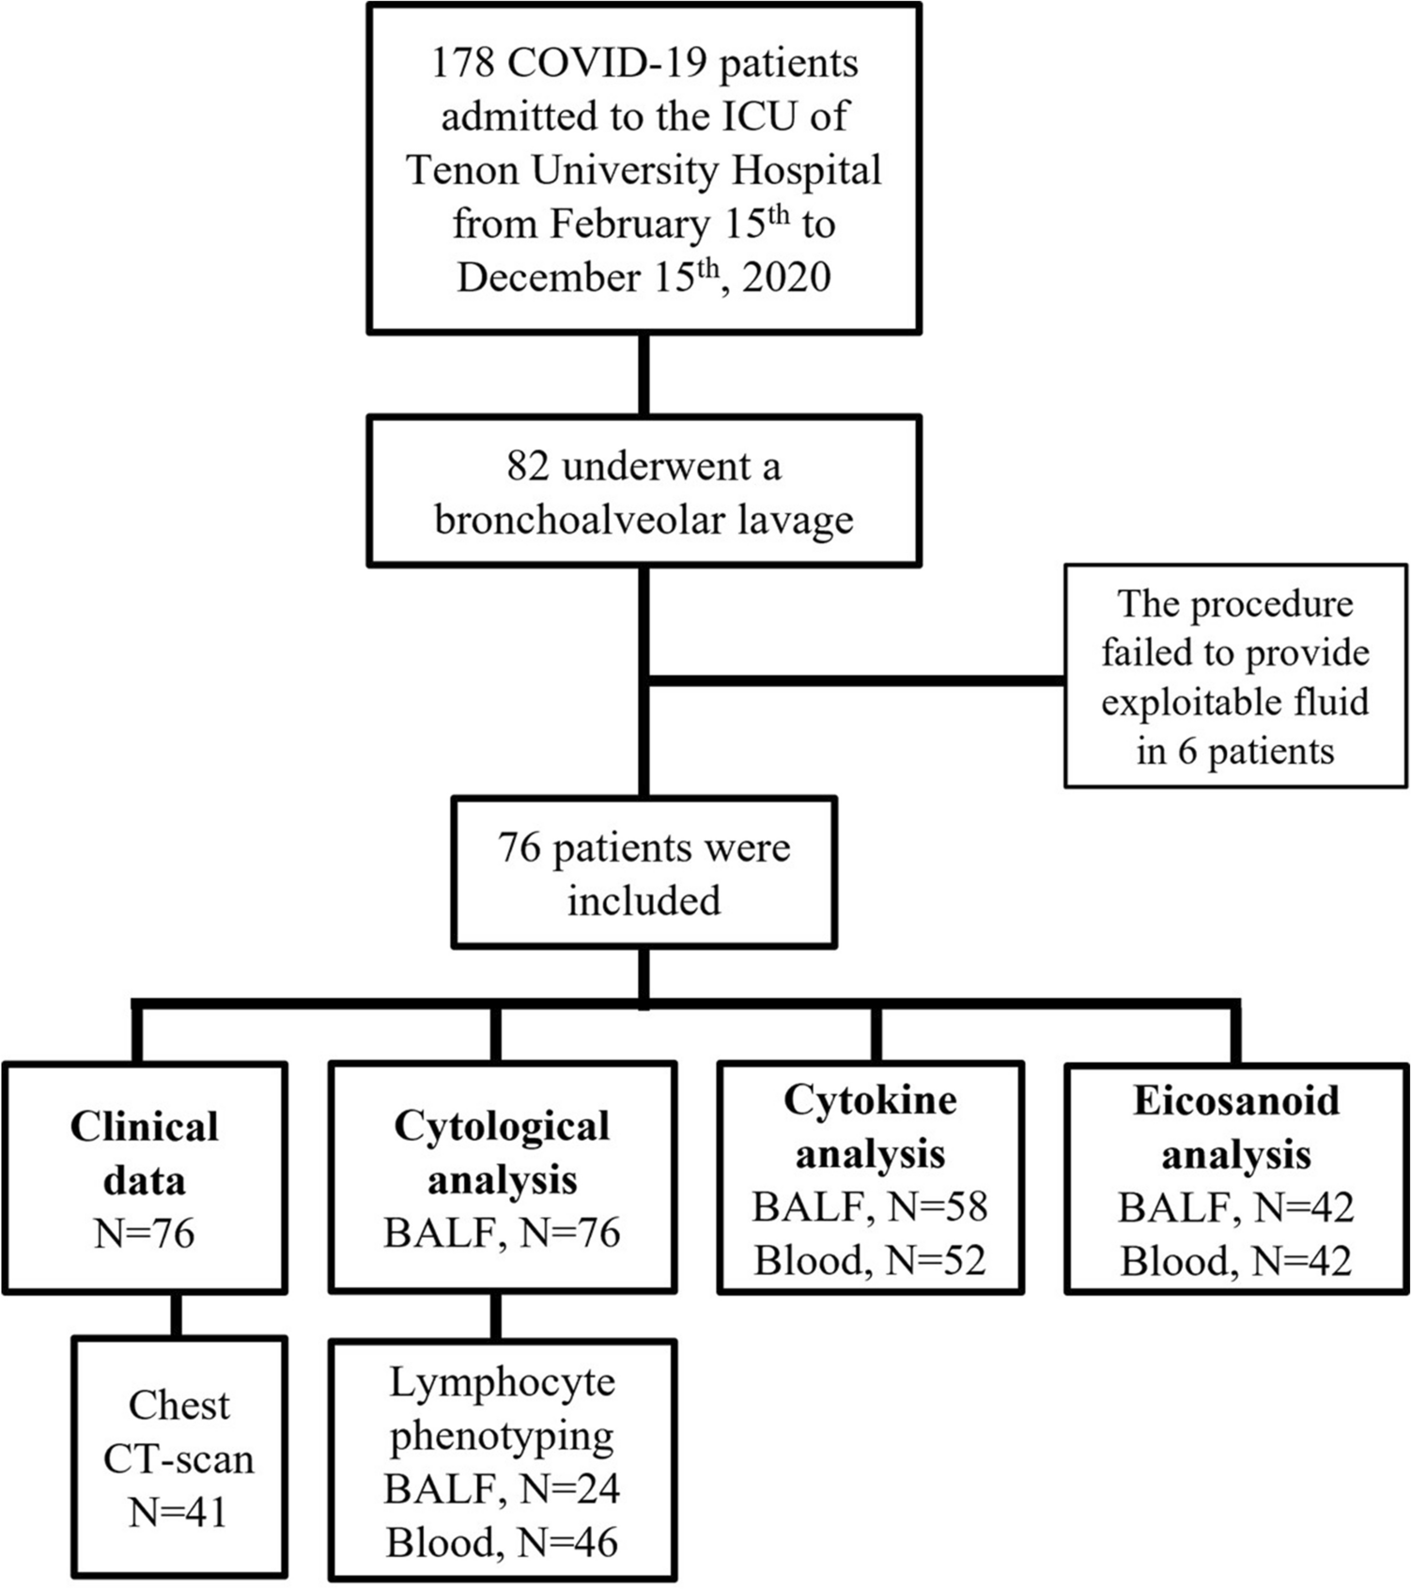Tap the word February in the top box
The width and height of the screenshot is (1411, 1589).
coord(629,225)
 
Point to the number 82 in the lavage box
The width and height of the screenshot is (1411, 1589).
coord(527,467)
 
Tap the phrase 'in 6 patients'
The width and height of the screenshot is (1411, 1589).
coord(1234,752)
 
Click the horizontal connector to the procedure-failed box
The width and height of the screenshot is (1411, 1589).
coord(855,679)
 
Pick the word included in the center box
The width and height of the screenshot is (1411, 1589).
coord(643,900)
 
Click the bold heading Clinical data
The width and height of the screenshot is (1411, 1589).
coord(144,1152)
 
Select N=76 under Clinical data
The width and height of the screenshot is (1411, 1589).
coord(144,1233)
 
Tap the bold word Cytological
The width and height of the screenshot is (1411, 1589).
coord(502,1127)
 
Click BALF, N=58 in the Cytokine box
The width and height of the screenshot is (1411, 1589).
coord(870,1207)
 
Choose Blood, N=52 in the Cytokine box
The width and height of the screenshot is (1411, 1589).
coord(870,1260)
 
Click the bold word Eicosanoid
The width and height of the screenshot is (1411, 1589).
coord(1236,1100)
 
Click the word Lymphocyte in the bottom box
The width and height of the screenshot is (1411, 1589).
coord(502,1381)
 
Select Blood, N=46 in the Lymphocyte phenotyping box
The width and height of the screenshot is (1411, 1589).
coord(502,1542)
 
